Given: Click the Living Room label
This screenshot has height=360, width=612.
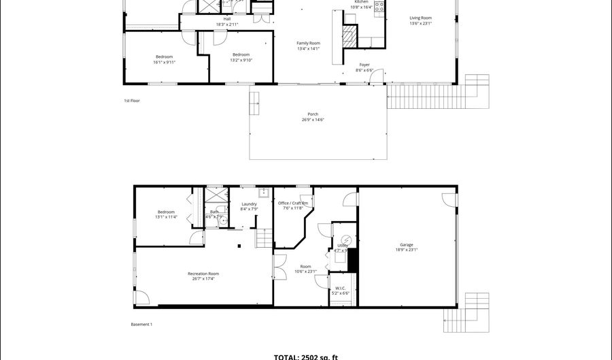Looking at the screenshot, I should tap(420, 18).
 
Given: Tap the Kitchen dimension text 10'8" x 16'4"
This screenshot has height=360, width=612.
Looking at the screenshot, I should tap(361, 7).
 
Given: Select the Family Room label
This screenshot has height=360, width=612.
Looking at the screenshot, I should tap(308, 44).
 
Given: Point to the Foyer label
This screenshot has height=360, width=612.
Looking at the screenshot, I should tap(364, 65).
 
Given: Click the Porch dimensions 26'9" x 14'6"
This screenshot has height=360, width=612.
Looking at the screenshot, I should tap(313, 120).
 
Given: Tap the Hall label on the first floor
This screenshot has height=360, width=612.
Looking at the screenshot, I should tap(227, 19).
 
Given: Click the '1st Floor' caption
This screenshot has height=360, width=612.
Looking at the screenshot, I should tap(132, 101).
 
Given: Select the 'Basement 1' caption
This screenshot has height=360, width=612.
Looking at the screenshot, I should tap(141, 325).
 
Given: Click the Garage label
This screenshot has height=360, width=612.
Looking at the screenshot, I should tap(407, 245).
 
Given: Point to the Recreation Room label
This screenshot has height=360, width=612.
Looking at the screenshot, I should tap(203, 274).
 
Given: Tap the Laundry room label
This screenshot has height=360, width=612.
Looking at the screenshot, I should tap(249, 204).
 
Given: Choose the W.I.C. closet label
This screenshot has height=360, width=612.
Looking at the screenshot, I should tap(341, 288).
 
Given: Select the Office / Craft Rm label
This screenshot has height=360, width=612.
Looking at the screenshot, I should tap(293, 203).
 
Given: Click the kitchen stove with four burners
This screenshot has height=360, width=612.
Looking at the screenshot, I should tap(379, 7).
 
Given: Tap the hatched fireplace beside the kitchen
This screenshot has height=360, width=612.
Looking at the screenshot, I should tap(350, 35).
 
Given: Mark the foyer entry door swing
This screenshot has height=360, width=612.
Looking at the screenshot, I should tap(377, 76).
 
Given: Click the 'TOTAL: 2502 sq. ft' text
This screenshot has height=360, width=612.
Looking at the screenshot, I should tap(306, 357).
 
